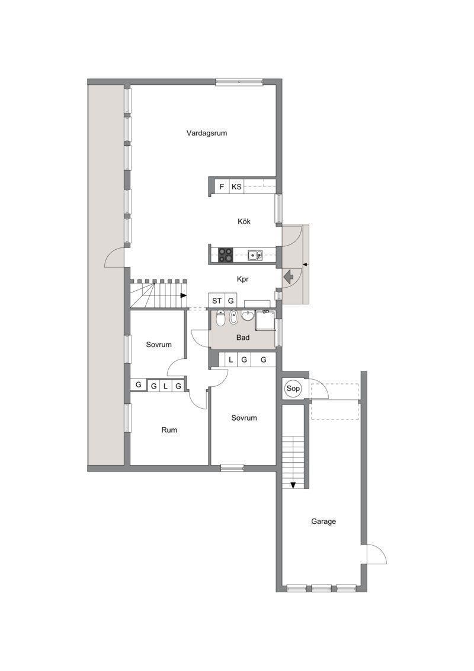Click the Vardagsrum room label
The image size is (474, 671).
pyautogui.click(x=206, y=133)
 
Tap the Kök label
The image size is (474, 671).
pyautogui.click(x=244, y=221)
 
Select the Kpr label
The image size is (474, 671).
pyautogui.click(x=243, y=279)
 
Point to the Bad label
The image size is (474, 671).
pyautogui.click(x=243, y=338)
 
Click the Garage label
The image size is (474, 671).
pyautogui.click(x=323, y=521)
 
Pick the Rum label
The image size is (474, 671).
pyautogui.click(x=169, y=430)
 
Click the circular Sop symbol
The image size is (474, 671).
pyautogui.click(x=293, y=389)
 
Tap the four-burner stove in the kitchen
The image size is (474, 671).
pyautogui.click(x=226, y=255)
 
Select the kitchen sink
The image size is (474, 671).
pyautogui.click(x=255, y=256)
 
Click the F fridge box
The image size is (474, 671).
pyautogui.click(x=222, y=186)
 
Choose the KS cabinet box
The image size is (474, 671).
pyautogui.click(x=236, y=186)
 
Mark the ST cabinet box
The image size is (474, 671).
pyautogui.click(x=217, y=300)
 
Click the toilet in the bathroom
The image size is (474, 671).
pyautogui.click(x=220, y=318)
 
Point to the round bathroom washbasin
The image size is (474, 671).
pyautogui.click(x=248, y=316)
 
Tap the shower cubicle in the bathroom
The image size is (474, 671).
pyautogui.click(x=265, y=320)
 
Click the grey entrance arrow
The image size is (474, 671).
pyautogui.click(x=288, y=276)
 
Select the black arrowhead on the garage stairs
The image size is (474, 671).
pyautogui.click(x=293, y=485)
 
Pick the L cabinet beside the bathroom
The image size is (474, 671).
pyautogui.click(x=231, y=360)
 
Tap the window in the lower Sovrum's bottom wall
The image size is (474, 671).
pyautogui.click(x=232, y=468)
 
